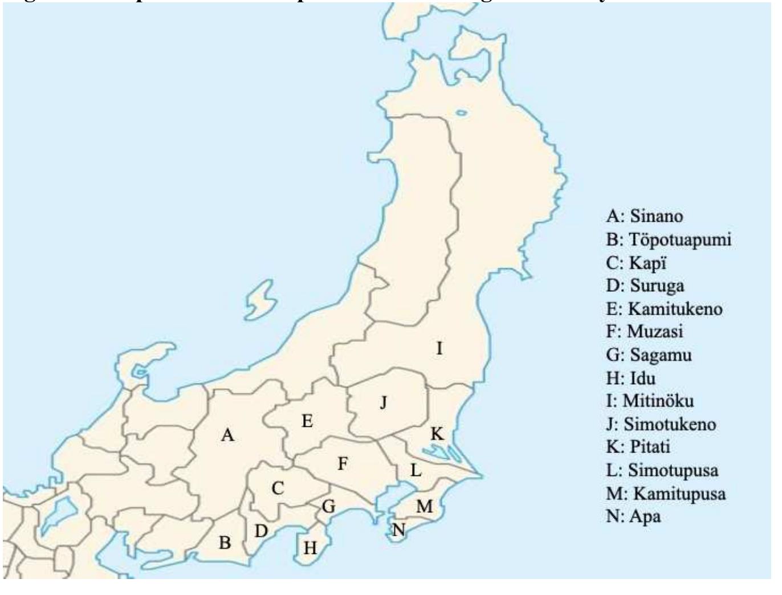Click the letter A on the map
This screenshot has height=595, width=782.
[228, 435]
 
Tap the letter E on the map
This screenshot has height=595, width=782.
[307, 422]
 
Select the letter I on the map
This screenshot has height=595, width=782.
[439, 348]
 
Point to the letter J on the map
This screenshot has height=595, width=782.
[384, 403]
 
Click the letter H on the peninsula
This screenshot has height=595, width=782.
[310, 548]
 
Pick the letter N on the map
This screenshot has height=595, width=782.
[398, 531]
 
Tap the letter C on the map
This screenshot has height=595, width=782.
[278, 488]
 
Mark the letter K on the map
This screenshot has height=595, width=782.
[437, 434]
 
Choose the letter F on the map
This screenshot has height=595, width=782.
[342, 464]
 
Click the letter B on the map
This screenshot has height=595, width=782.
[225, 543]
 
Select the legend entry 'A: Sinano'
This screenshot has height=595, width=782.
[644, 217]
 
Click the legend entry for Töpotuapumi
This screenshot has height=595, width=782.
[668, 240]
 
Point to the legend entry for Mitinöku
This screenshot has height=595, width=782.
[650, 401]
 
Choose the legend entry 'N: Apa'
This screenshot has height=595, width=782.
[633, 516]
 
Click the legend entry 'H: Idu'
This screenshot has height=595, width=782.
[630, 378]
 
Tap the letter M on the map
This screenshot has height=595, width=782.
[424, 506]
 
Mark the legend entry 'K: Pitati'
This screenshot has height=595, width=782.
[638, 447]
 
